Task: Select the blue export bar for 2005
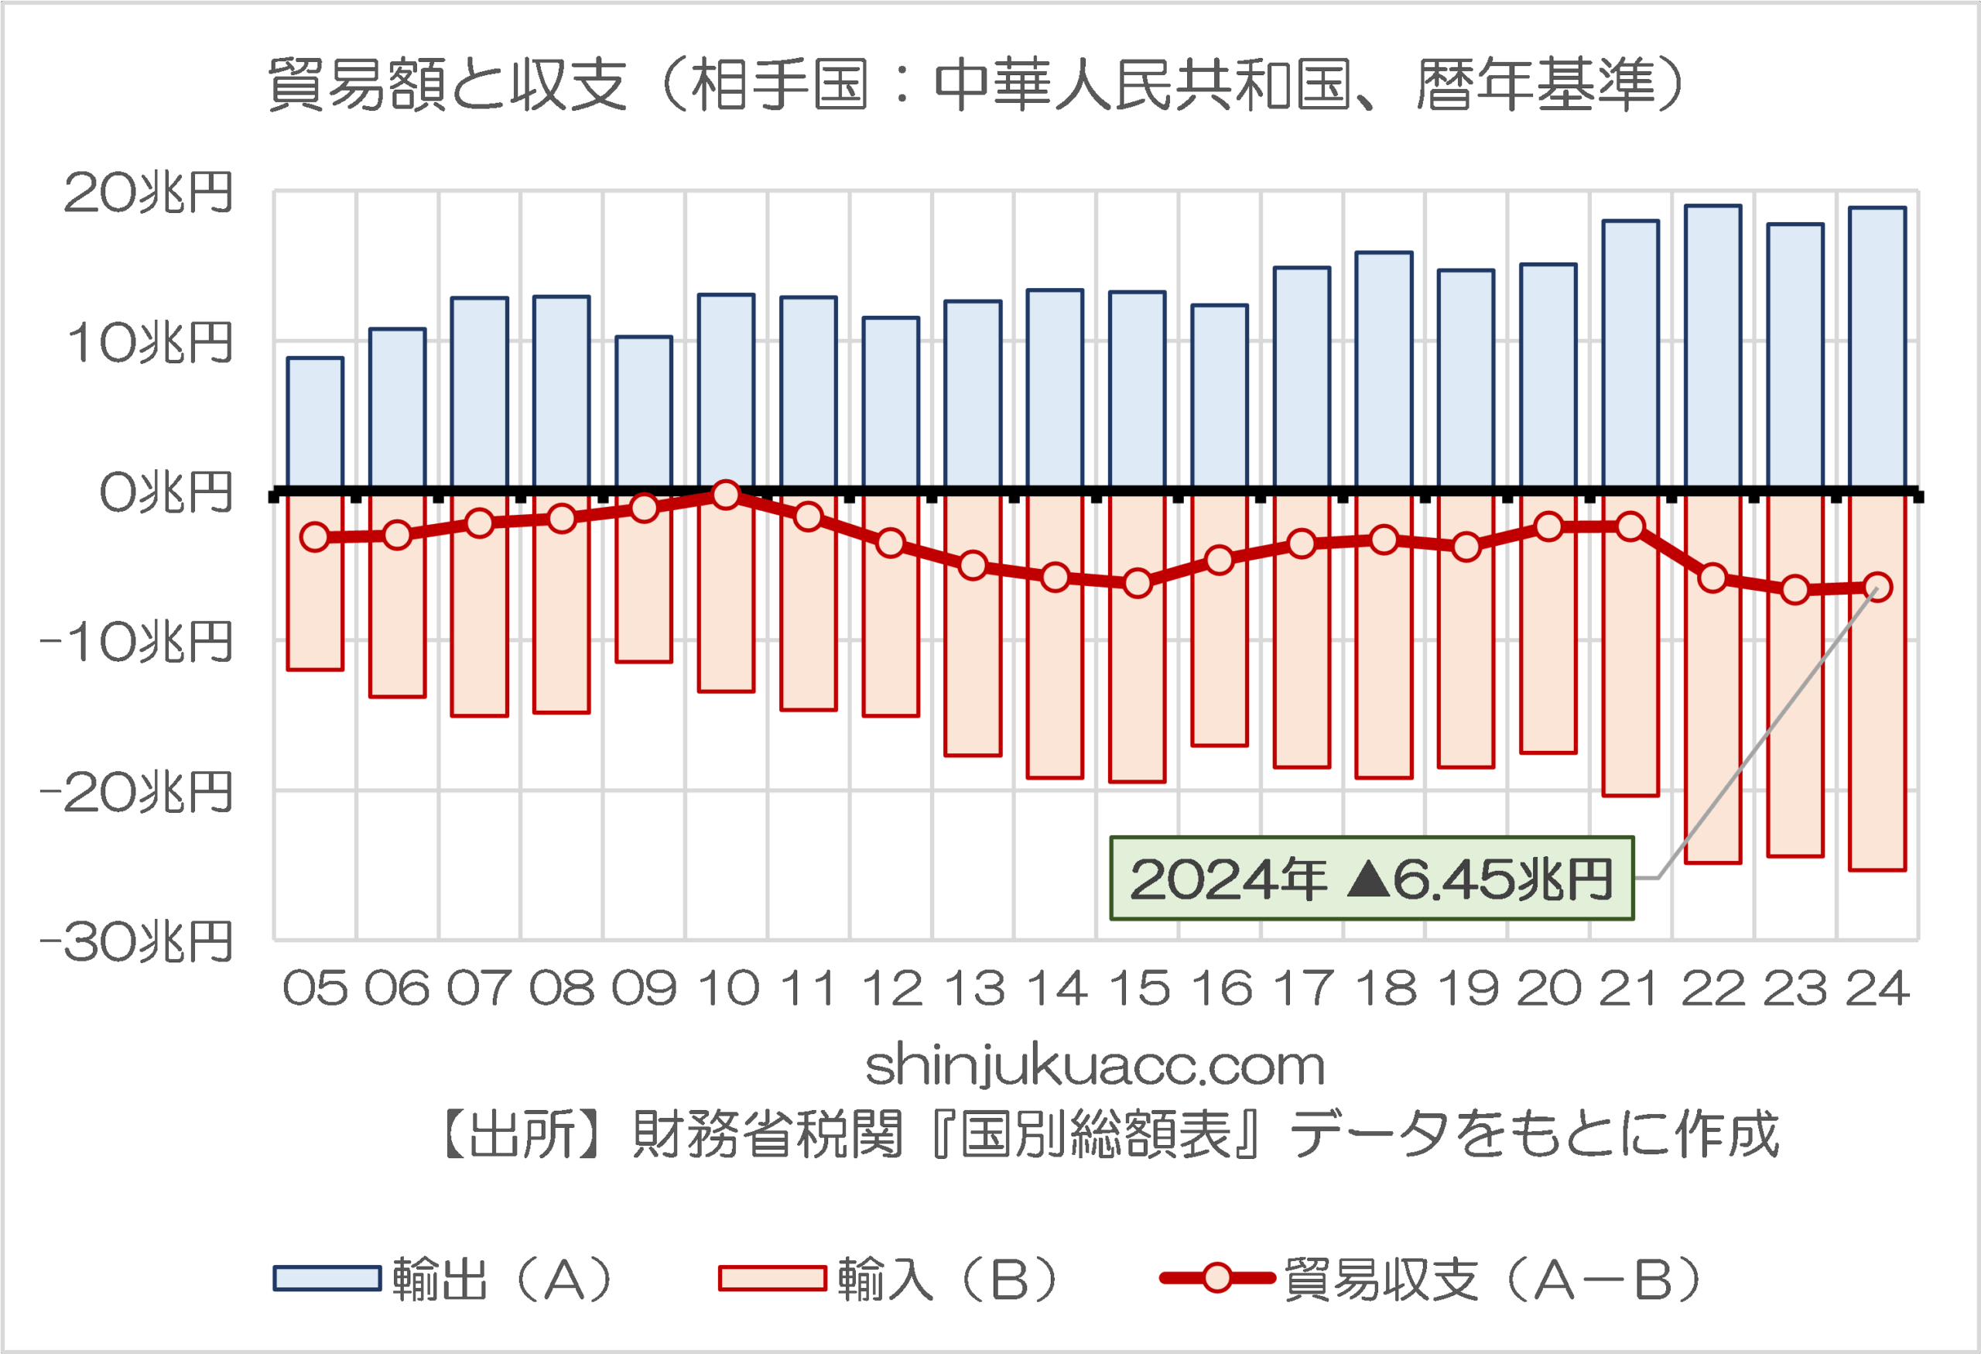point(316,423)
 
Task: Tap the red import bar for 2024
point(1877,733)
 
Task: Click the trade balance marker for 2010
point(727,495)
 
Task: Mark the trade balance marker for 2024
point(1877,587)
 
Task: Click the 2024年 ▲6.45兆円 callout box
point(1370,878)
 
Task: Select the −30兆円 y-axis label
point(136,943)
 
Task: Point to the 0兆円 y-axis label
point(166,493)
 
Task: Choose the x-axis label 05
point(316,989)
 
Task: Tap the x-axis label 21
point(1629,989)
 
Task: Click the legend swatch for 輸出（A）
point(327,1278)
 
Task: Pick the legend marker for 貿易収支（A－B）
point(1216,1278)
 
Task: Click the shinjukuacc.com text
point(1094,1066)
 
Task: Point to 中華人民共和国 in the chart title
point(1142,85)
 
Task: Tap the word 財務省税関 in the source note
point(767,1135)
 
